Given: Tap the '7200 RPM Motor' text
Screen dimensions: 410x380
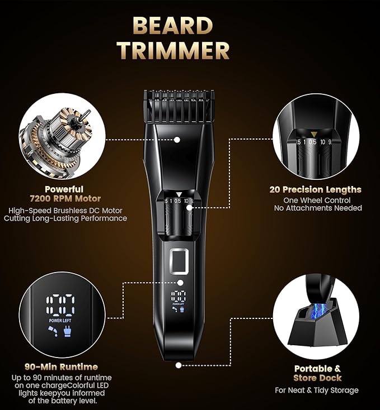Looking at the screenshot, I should [66, 199].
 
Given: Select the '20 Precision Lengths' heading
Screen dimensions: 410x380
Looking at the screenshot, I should [315, 189].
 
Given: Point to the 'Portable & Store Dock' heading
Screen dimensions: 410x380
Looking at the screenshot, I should [317, 373].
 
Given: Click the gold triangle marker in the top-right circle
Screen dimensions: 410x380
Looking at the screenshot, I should [315, 134].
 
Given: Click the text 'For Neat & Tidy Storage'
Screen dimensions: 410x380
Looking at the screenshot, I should [317, 390].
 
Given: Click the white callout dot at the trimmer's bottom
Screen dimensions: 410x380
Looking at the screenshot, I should [179, 365].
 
